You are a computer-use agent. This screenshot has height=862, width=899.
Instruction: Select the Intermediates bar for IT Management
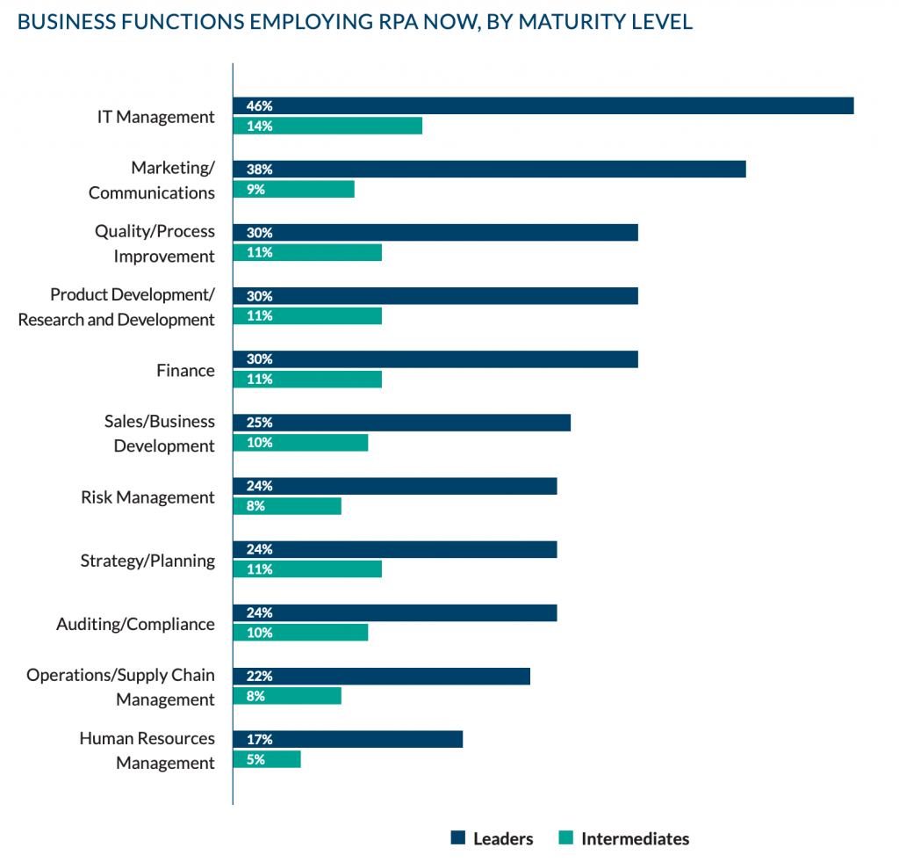(327, 126)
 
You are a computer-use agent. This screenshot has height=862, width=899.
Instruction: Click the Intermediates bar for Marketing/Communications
(293, 189)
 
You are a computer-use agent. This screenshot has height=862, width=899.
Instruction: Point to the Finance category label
(185, 370)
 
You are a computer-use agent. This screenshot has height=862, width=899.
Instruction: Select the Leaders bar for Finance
(435, 359)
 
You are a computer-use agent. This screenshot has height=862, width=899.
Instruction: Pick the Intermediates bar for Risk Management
(286, 505)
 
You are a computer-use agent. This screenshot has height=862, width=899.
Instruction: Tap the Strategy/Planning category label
(147, 560)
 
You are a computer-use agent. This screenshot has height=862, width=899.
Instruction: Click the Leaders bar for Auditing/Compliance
(394, 612)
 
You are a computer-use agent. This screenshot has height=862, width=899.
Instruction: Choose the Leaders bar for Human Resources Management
(347, 739)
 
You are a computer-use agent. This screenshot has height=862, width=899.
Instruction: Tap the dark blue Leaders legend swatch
(457, 838)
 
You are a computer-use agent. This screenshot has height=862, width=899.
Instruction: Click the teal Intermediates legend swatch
(565, 838)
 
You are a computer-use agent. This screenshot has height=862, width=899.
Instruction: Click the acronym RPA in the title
(361, 22)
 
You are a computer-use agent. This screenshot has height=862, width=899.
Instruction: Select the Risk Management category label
(147, 496)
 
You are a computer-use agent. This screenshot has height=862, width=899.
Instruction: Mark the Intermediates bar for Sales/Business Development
(300, 442)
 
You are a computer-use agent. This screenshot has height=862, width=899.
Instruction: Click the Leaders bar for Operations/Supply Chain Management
(381, 676)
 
